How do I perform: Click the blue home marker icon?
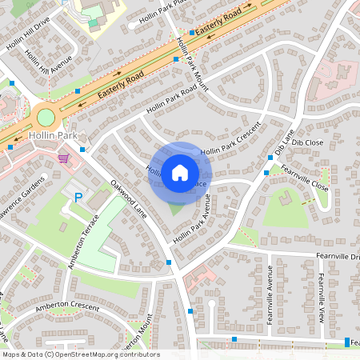coord(180,171)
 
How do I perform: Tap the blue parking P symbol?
coord(78,197)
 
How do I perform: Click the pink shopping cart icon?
coord(63,158)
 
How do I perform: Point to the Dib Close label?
coord(307,142)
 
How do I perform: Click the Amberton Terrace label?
coord(83,241)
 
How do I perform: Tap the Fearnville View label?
coord(320,297)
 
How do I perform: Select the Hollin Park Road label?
coord(171,100)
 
